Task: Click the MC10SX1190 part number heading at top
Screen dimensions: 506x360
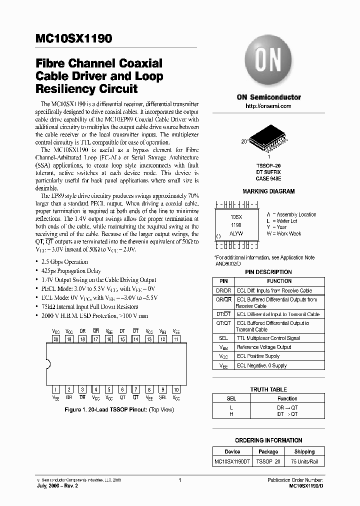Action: (73, 39)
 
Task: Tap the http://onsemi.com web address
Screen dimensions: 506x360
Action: (268, 106)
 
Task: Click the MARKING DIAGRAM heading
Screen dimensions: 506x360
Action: (268, 191)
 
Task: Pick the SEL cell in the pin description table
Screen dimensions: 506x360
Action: (223, 338)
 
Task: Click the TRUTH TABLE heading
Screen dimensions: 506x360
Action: (268, 389)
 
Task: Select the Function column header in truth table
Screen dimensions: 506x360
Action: (287, 398)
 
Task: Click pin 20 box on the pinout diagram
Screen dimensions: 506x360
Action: (56, 339)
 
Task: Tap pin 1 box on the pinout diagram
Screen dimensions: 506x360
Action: (56, 389)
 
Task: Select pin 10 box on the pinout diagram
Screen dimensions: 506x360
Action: (176, 389)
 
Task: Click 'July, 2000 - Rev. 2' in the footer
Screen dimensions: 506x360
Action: (57, 485)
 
